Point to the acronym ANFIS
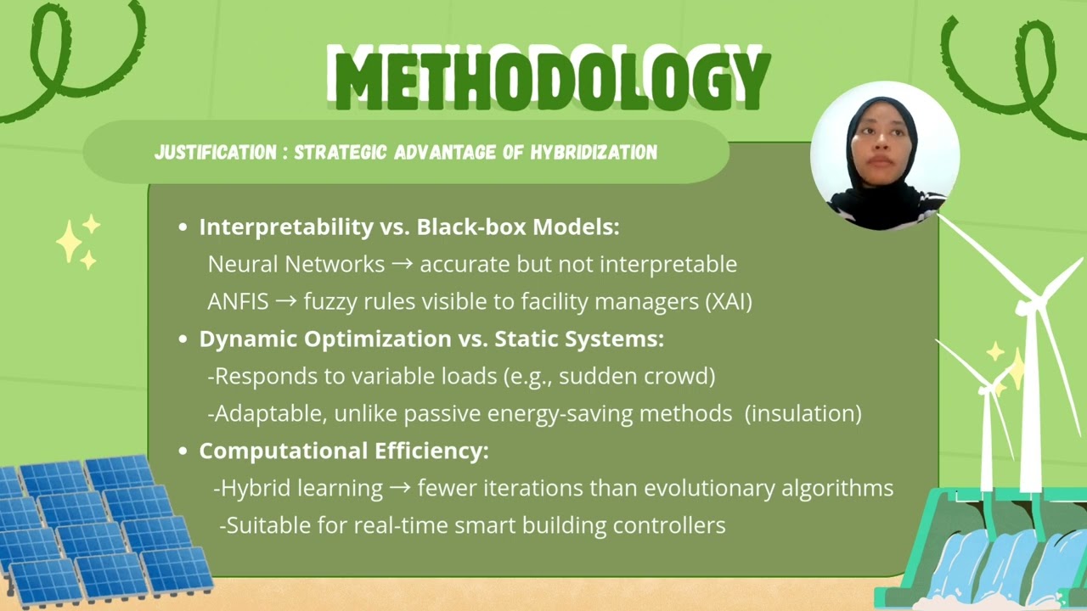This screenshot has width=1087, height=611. (238, 301)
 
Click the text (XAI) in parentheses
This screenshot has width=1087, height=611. (729, 301)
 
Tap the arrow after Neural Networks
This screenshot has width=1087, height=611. (403, 264)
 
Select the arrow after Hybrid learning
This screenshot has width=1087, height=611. (401, 488)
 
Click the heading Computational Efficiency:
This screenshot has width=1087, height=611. (344, 451)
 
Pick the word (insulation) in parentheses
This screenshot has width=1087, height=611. (803, 413)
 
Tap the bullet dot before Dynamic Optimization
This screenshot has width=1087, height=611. (183, 339)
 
